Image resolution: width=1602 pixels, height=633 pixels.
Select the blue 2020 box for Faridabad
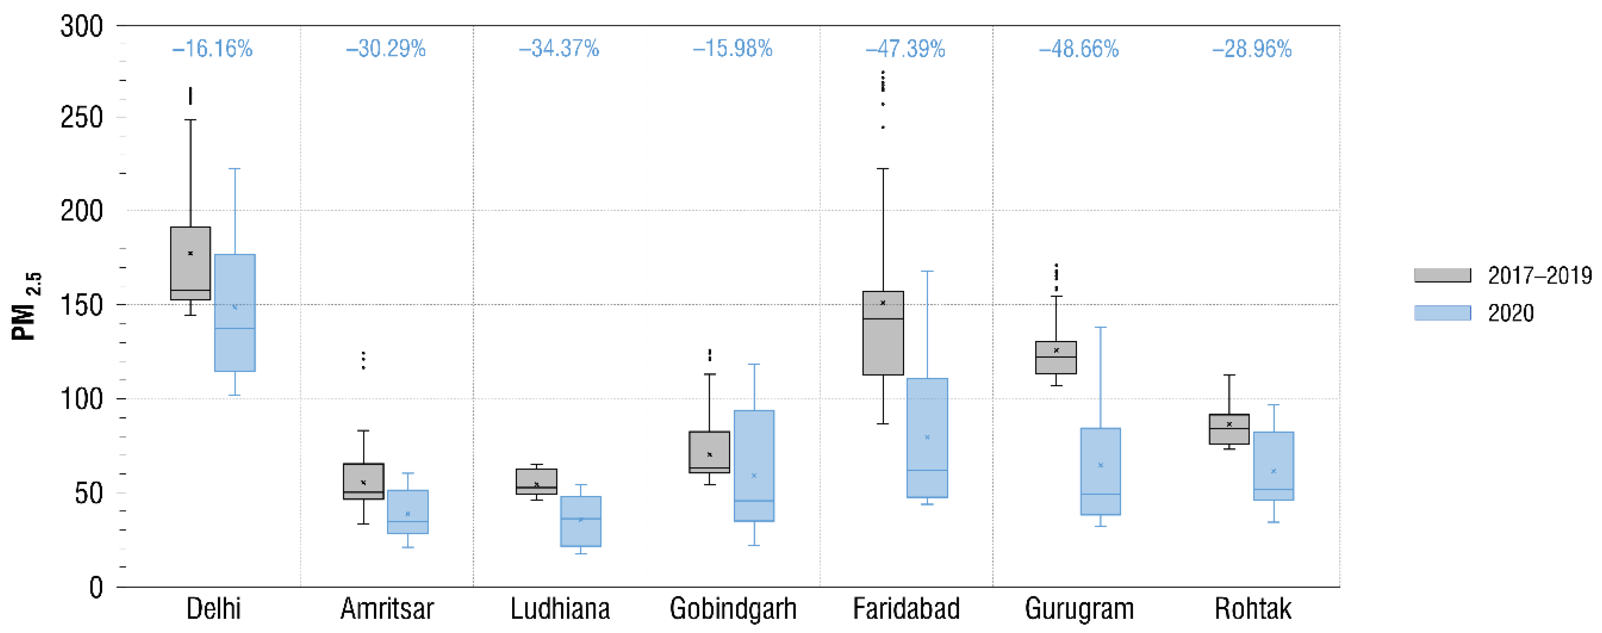click(927, 437)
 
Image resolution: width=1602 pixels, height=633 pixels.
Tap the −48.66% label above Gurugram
click(1078, 48)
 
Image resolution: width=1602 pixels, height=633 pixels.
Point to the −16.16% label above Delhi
click(212, 48)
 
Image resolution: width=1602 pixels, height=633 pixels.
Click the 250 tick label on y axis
click(81, 118)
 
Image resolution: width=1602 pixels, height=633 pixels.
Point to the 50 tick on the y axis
click(88, 493)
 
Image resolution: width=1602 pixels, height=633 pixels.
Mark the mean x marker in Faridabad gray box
click(883, 303)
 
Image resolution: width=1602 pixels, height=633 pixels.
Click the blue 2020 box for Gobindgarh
click(754, 466)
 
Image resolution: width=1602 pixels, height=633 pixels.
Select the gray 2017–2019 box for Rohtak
click(1229, 429)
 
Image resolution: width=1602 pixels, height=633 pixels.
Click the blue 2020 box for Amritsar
click(407, 511)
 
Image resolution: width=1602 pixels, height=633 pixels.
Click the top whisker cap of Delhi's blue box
click(235, 169)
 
